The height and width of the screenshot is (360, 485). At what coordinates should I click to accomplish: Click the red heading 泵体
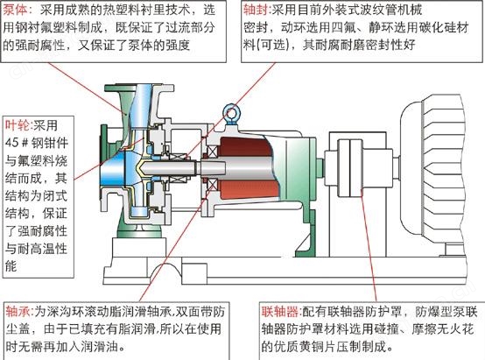click(x=16, y=10)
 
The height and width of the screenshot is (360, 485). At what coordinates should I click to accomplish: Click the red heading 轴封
click(x=256, y=10)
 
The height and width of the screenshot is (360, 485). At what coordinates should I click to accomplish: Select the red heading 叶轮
click(x=18, y=125)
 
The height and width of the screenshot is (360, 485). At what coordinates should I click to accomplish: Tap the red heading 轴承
click(x=18, y=311)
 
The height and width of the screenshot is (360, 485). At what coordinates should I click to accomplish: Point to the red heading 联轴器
click(x=280, y=311)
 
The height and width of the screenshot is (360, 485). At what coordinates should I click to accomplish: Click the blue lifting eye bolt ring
click(x=230, y=112)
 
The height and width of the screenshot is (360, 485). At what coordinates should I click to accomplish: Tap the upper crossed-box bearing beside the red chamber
click(x=212, y=152)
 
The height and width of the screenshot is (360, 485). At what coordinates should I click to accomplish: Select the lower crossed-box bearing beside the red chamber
click(x=212, y=185)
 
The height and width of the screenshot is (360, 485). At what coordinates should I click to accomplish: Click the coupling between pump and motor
click(x=350, y=167)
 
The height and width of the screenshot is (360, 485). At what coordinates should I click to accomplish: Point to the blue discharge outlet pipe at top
click(x=141, y=103)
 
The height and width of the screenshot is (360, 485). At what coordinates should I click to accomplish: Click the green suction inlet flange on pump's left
click(x=103, y=162)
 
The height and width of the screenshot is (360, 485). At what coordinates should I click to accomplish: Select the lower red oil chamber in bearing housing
click(x=244, y=189)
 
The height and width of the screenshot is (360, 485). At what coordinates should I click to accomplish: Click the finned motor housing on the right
click(x=440, y=167)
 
